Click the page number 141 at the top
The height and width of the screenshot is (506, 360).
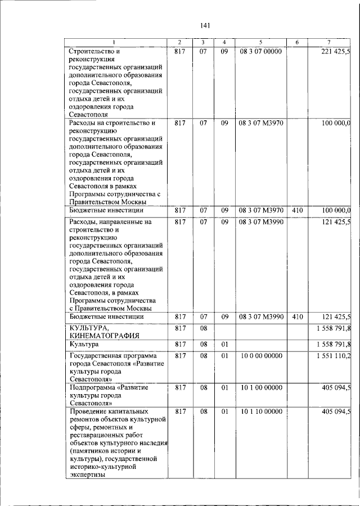click(205, 25)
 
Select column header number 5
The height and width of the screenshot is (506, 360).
click(260, 43)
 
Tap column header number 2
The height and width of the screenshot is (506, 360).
click(179, 43)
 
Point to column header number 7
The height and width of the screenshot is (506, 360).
click(328, 43)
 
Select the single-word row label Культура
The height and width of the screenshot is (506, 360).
click(84, 344)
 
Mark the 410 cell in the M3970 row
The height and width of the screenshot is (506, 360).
click(298, 210)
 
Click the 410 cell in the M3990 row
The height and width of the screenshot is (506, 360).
click(298, 317)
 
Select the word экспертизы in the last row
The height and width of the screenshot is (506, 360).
click(87, 474)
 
